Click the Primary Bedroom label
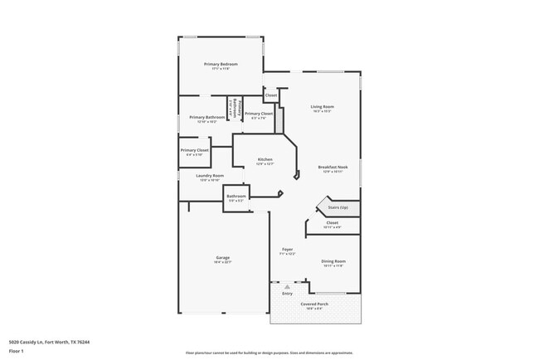point(221,65)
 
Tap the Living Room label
point(322,107)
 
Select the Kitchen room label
point(265,159)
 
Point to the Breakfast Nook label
point(333,168)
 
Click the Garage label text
point(223,258)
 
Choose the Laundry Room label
point(210,176)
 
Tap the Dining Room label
point(333,261)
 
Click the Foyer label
point(288,249)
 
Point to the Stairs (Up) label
point(337,207)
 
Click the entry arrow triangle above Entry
point(288,287)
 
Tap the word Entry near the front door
point(288,294)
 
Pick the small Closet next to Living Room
point(271,95)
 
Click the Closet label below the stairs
point(332,222)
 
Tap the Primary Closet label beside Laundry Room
point(195,151)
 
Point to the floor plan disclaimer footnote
point(269,353)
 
